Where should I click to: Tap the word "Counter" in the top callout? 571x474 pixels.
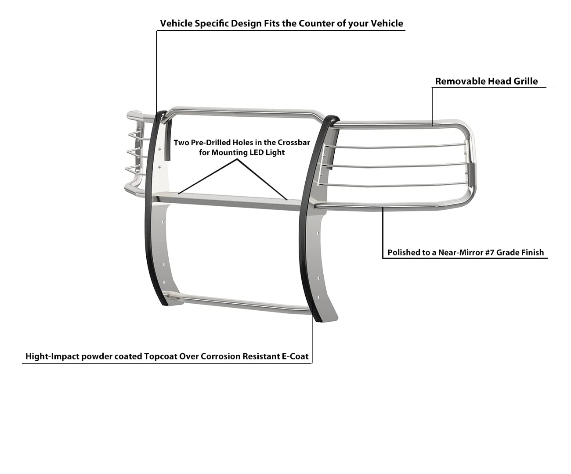(x=317, y=24)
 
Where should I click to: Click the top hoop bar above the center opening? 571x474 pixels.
(x=241, y=112)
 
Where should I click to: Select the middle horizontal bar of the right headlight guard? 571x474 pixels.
(x=394, y=166)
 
